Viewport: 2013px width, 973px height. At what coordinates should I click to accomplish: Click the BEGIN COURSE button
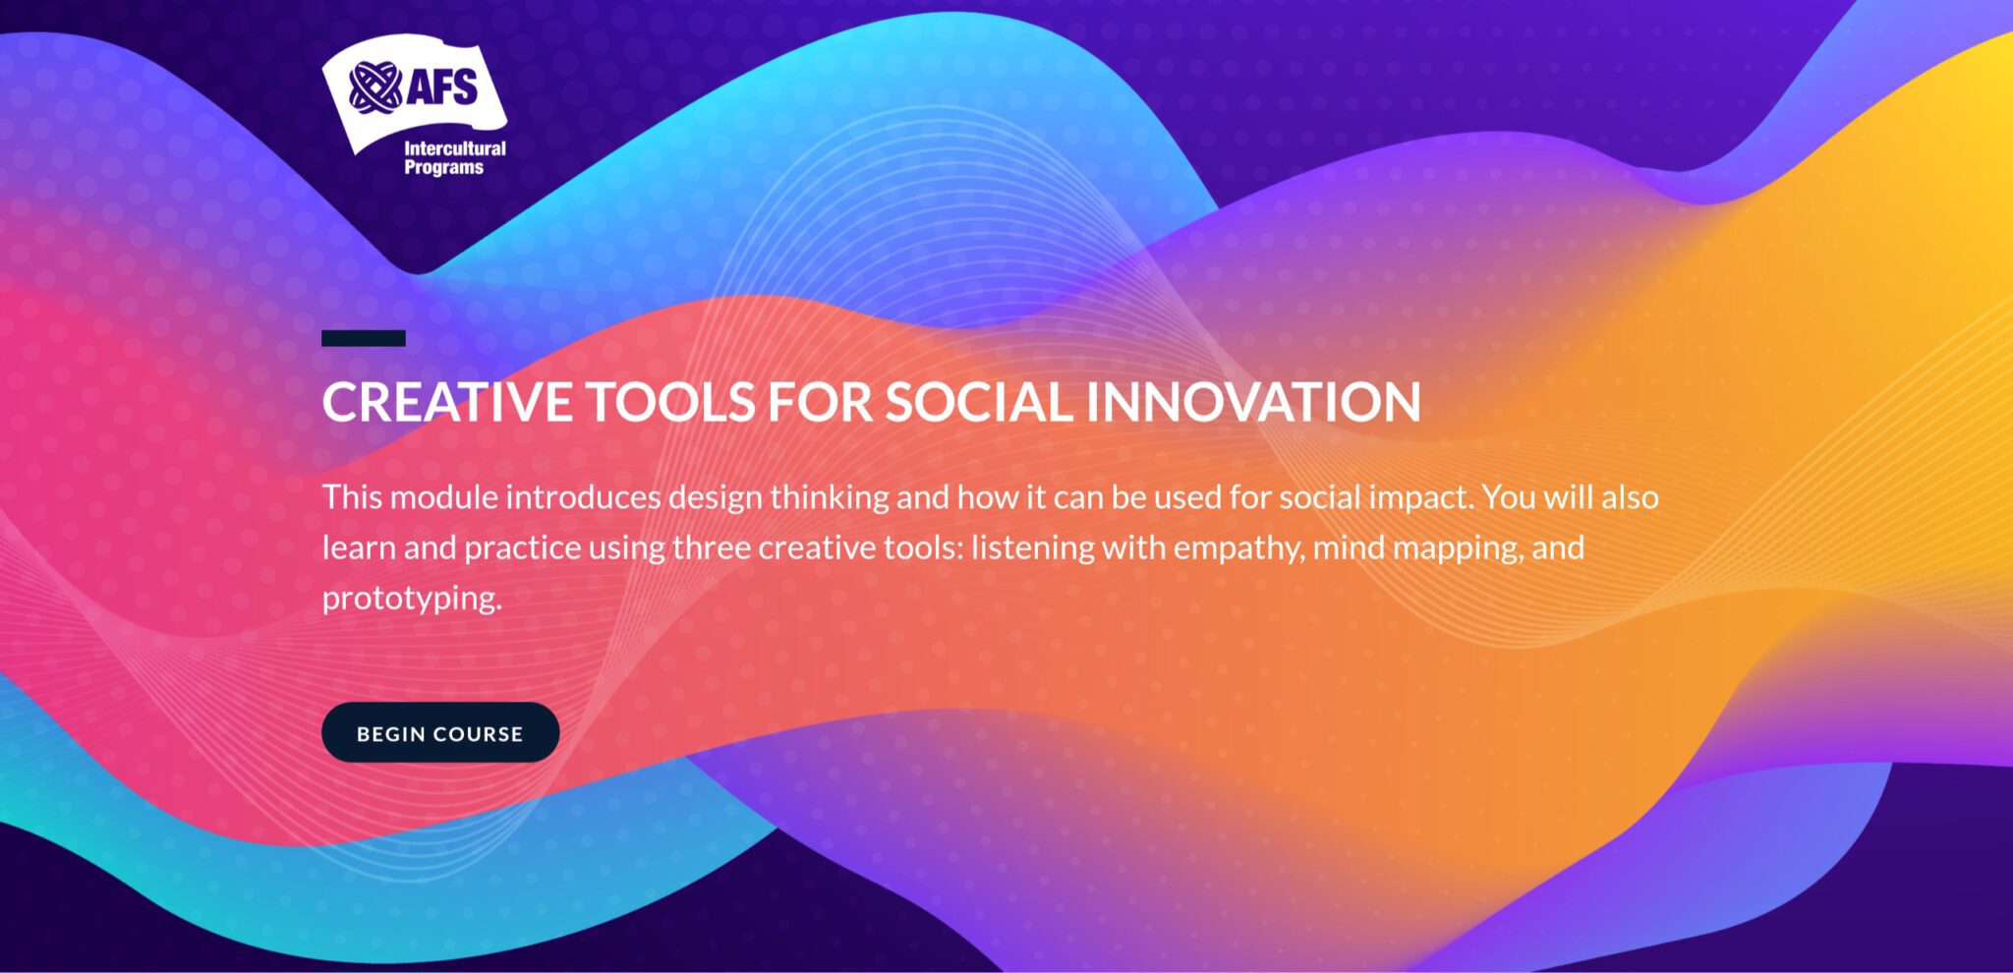coord(440,732)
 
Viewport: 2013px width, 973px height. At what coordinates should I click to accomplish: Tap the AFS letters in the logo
coord(442,86)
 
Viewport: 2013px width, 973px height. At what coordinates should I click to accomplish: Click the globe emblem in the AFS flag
coord(374,86)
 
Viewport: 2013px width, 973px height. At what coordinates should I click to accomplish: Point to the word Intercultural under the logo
coord(455,148)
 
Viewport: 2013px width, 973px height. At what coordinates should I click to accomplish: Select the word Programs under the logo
coord(444,167)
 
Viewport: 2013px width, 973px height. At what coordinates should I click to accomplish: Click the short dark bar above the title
coord(364,338)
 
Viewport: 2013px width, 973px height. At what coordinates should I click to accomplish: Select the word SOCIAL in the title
coord(979,402)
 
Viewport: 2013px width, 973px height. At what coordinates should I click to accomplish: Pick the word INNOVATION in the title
coord(1254,402)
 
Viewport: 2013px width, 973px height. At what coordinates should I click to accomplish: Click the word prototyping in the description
coord(412,599)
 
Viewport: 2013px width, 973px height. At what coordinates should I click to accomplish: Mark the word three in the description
coord(712,547)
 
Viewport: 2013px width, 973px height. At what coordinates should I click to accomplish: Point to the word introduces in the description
coord(584,496)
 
